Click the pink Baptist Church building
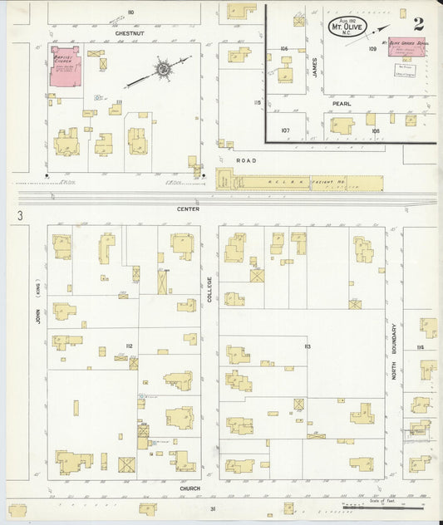66,67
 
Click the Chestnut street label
130,33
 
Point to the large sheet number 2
418,23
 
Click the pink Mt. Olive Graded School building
413,50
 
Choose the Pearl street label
341,104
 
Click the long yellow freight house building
299,181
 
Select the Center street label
188,210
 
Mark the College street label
209,290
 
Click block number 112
130,346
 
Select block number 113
307,346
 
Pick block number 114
421,346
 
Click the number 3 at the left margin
17,217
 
